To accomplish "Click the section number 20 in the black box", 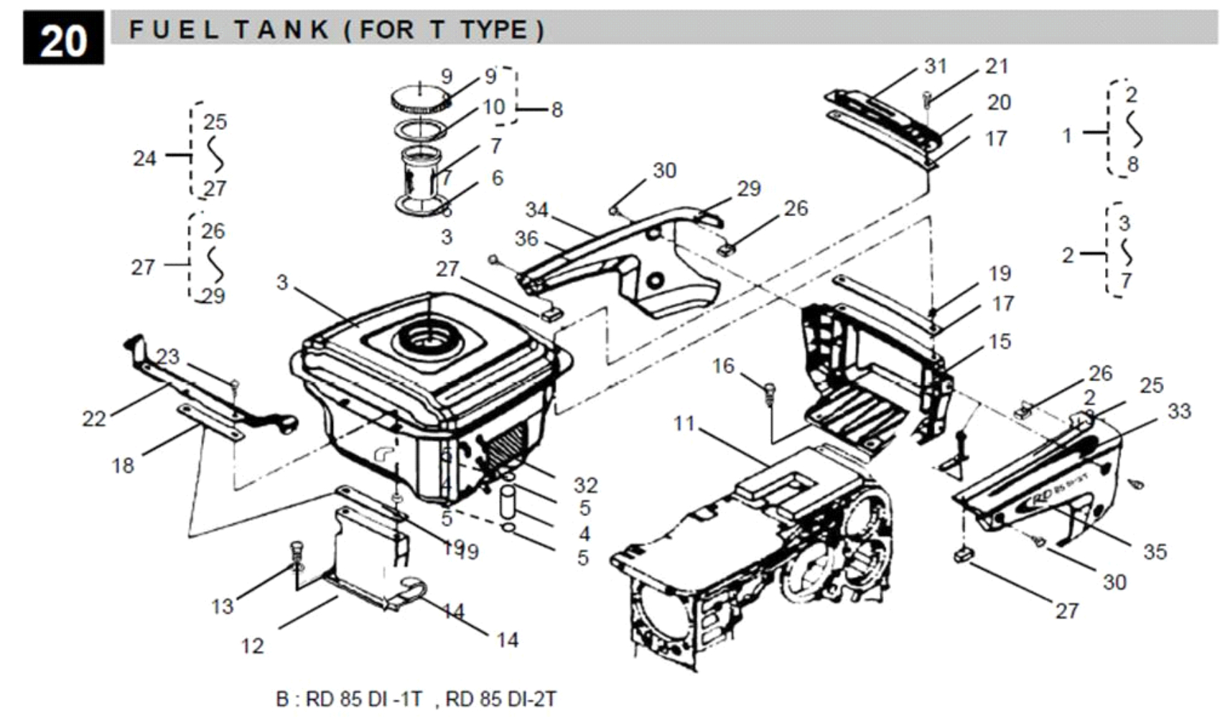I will click(x=63, y=39).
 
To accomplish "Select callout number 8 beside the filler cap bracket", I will click(x=556, y=110).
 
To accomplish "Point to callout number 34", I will click(x=536, y=210).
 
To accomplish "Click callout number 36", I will click(x=526, y=239).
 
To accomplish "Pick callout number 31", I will click(x=936, y=66).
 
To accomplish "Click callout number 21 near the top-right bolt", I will click(x=997, y=66).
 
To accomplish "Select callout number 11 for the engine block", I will click(x=684, y=423).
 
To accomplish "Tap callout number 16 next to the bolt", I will click(x=723, y=366).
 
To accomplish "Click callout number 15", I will click(x=1000, y=342).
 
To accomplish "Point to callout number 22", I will click(x=94, y=418).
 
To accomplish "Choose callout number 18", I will click(x=123, y=466).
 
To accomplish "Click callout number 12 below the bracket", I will click(x=252, y=646).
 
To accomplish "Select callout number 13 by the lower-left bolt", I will click(x=222, y=606).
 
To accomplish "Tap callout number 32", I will click(x=585, y=485).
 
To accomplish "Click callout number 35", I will click(x=1155, y=552).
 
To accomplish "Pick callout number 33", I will click(x=1179, y=411).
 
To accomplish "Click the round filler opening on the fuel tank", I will click(x=429, y=341).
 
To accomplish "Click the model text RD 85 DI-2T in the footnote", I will click(x=500, y=699).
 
